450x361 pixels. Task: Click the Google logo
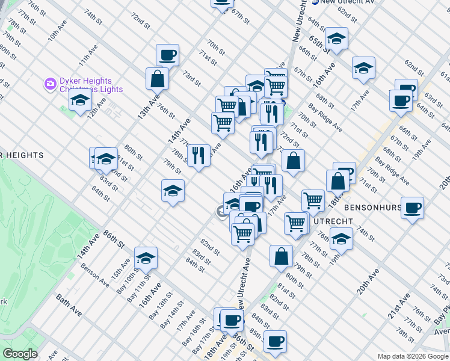[x=20, y=354]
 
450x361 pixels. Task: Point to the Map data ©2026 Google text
[x=412, y=356]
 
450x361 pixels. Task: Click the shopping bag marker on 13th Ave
[x=157, y=78]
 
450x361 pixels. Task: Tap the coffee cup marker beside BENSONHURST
[x=413, y=209]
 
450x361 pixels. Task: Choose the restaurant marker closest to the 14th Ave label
[x=199, y=155]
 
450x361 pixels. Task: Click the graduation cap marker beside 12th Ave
[x=79, y=100]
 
